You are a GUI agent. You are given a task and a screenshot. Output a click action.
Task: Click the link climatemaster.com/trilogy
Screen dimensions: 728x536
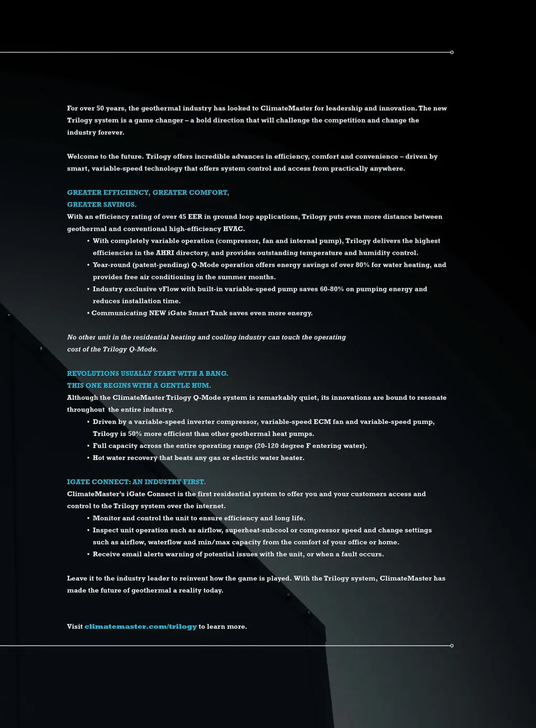click(x=141, y=627)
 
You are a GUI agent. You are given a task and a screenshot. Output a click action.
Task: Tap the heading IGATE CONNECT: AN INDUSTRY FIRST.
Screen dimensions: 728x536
click(x=136, y=482)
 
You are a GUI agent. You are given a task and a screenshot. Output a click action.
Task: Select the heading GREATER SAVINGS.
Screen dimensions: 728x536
click(x=102, y=205)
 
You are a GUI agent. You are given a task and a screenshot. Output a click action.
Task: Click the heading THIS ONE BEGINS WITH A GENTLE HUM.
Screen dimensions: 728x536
click(x=139, y=386)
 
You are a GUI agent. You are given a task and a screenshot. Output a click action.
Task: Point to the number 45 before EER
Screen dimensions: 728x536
click(x=182, y=217)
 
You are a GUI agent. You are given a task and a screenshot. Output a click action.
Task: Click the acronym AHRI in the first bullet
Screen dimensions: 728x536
click(x=165, y=253)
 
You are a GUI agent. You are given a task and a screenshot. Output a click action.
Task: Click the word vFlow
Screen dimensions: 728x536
click(x=169, y=289)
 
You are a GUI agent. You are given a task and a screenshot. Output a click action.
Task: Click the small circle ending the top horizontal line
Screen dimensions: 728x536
click(x=452, y=52)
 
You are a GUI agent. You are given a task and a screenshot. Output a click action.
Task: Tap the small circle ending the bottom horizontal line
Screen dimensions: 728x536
click(x=452, y=646)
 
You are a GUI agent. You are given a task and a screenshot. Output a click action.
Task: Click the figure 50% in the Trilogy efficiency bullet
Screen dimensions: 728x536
click(x=135, y=434)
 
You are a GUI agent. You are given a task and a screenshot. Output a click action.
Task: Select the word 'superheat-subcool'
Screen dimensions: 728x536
click(x=256, y=530)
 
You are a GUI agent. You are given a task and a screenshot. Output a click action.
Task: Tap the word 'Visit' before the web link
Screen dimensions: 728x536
click(x=75, y=627)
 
